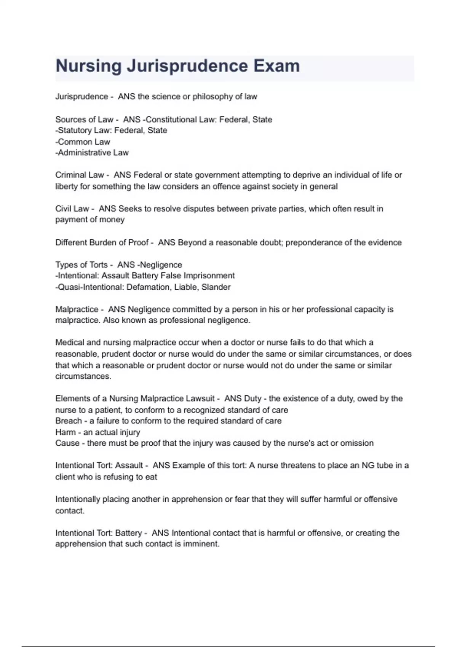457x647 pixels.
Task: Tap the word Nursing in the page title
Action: coord(88,66)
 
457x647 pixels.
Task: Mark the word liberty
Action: coord(67,186)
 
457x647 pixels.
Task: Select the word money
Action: coord(112,220)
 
